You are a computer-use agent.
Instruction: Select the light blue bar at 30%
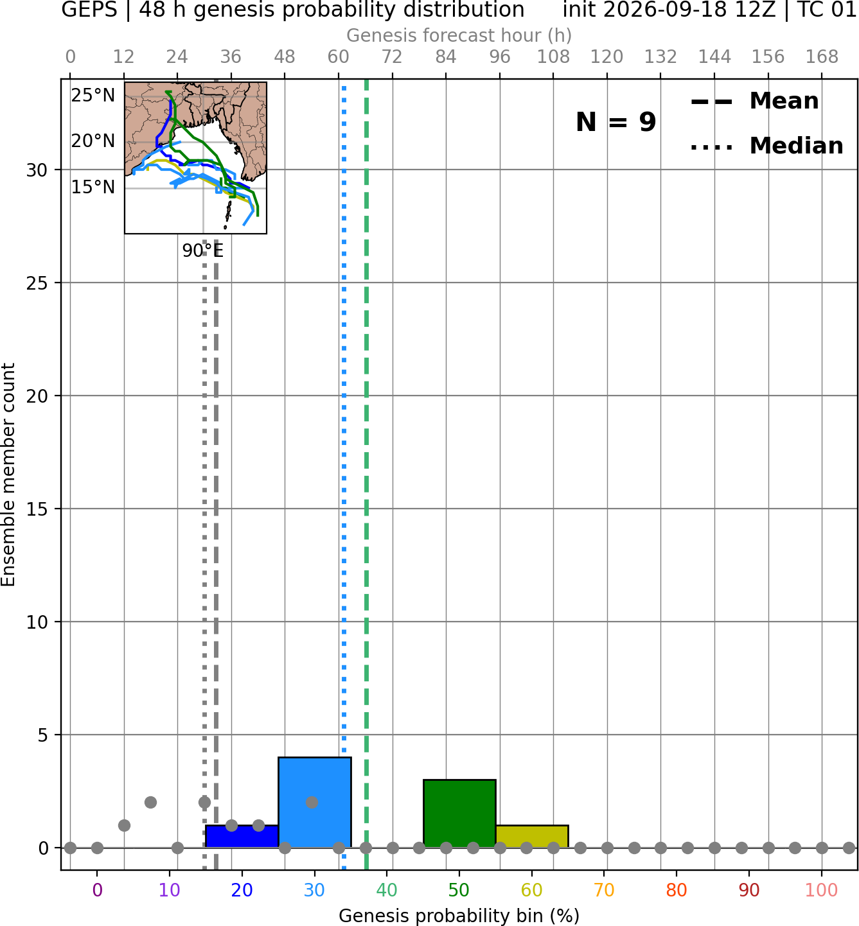click(314, 803)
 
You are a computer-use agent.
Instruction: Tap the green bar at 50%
click(459, 814)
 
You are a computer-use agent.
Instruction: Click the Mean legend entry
click(754, 101)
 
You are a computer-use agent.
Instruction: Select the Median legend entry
click(766, 146)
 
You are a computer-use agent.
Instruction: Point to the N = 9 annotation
click(616, 122)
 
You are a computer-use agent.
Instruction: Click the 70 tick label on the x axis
click(604, 890)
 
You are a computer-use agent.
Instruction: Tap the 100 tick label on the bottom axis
click(822, 890)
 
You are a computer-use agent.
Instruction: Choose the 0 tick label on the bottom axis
click(97, 890)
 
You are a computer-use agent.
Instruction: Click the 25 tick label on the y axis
click(37, 283)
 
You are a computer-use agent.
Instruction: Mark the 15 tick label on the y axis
click(37, 509)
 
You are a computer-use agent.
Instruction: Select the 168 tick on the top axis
click(822, 57)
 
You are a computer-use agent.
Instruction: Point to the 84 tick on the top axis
click(446, 57)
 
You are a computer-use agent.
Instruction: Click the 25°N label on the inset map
click(93, 96)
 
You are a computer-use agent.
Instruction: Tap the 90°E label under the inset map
click(203, 251)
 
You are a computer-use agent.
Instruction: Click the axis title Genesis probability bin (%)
click(459, 916)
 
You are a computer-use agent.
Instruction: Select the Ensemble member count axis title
click(8, 475)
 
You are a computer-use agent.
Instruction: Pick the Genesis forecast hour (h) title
click(459, 35)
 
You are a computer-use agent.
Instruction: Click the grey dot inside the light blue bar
click(312, 803)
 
